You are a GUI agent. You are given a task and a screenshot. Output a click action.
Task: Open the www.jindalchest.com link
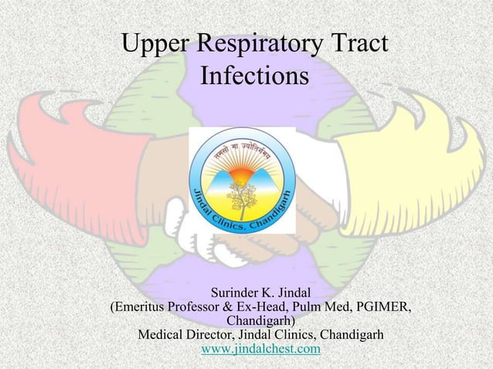(260, 350)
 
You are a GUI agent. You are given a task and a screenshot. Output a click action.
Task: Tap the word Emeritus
(148, 307)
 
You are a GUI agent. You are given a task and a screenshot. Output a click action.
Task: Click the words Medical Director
(189, 336)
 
